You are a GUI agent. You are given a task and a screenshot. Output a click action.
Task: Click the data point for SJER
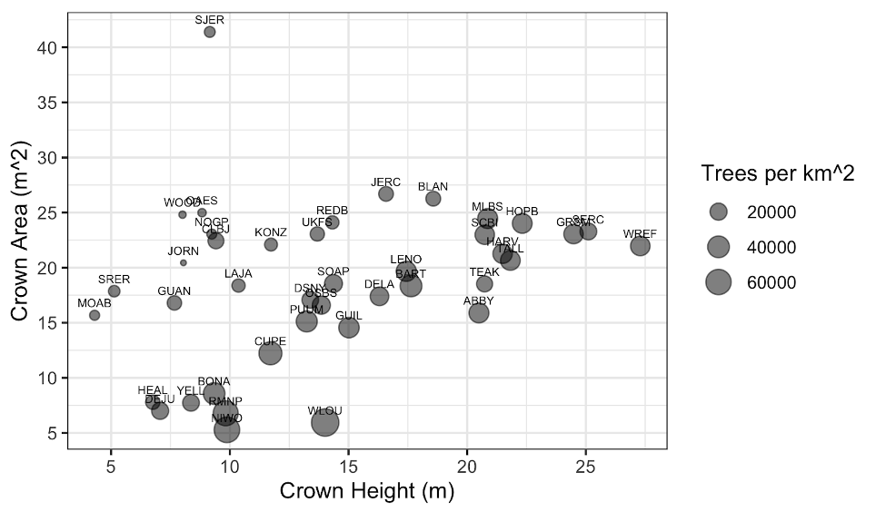[x=210, y=32]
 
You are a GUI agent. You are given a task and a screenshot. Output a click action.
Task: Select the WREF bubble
[x=640, y=246]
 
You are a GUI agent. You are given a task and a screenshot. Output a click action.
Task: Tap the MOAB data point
[x=95, y=315]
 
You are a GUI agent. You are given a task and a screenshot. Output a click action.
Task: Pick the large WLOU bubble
[x=324, y=422]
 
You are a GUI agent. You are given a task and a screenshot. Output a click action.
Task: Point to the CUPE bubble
[x=270, y=353]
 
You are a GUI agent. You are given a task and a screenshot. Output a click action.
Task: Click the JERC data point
[x=386, y=193]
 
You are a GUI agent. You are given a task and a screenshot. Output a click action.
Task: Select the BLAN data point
[x=433, y=198]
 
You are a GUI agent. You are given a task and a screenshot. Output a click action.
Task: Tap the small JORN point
[x=184, y=262]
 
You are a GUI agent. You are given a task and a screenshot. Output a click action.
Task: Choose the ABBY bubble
[x=479, y=312]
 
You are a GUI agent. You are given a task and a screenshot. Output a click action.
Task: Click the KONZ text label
[x=271, y=232]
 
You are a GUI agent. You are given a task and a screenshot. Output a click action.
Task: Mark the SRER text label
[x=114, y=279]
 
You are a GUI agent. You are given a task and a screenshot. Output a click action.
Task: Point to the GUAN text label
[x=174, y=291]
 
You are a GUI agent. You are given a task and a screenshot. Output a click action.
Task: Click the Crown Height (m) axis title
[x=366, y=492]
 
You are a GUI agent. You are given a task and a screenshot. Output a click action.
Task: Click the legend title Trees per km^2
[x=778, y=174]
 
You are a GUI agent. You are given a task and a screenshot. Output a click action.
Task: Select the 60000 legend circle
[x=719, y=282]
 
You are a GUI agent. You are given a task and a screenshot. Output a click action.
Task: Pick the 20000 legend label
[x=771, y=212]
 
